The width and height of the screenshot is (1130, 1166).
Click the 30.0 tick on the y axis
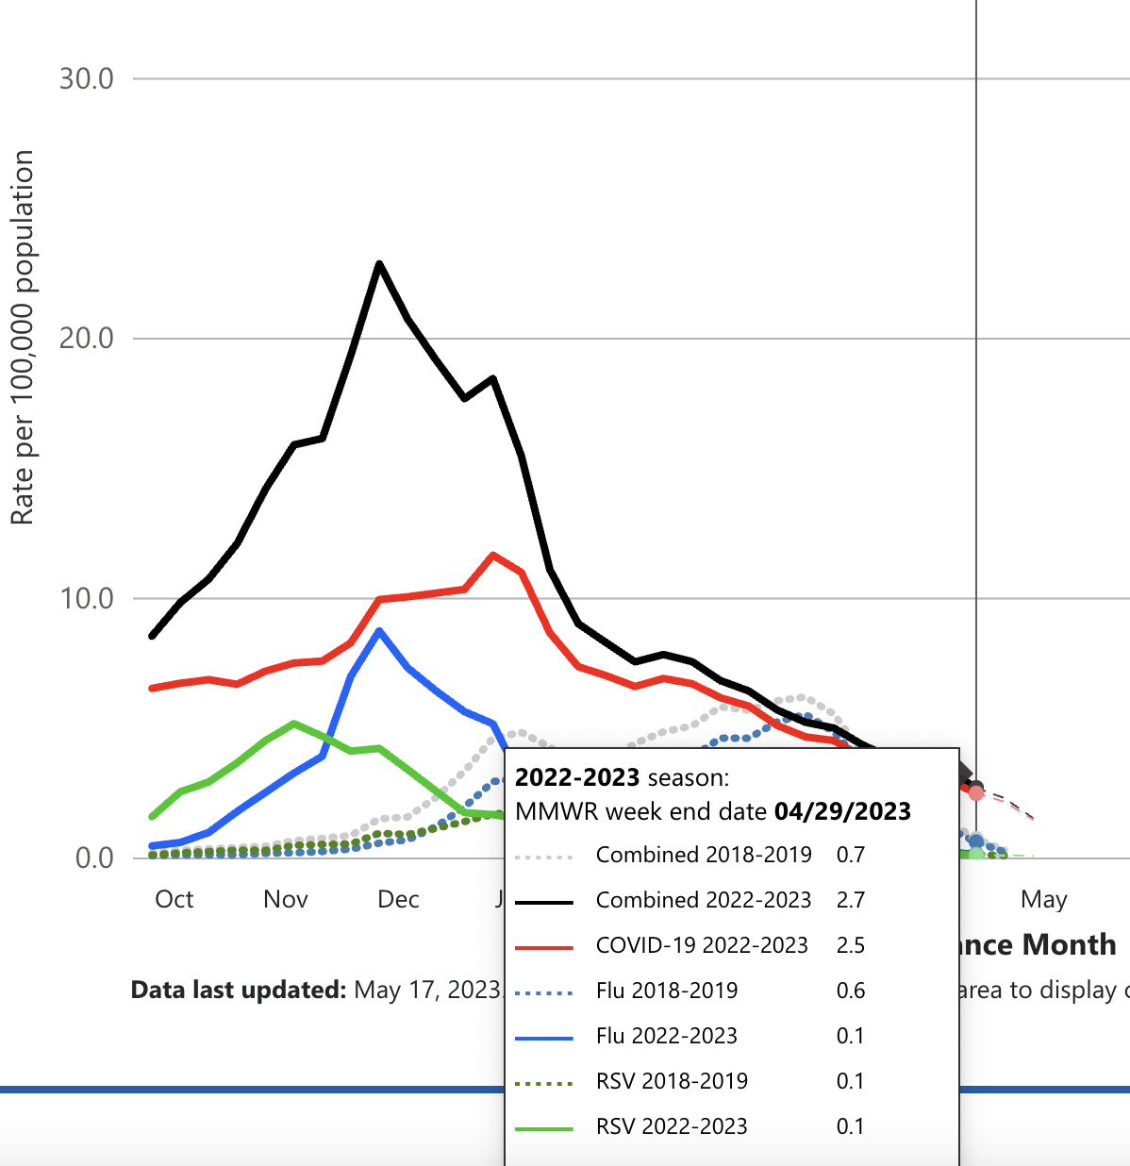[x=87, y=78]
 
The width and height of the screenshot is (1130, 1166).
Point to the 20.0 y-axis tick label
[x=87, y=338]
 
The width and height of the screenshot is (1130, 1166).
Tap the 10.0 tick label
[x=87, y=598]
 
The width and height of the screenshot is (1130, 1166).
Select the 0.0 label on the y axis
[x=94, y=858]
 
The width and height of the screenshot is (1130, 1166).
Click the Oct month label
[x=174, y=899]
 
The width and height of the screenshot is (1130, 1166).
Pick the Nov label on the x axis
[x=286, y=899]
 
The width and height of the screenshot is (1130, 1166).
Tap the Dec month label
[x=398, y=899]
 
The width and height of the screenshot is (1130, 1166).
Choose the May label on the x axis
[x=1043, y=899]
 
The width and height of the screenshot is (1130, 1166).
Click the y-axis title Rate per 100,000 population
[x=22, y=337]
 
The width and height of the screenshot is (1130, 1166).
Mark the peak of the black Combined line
[x=379, y=263]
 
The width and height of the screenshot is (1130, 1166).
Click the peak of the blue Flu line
[x=379, y=630]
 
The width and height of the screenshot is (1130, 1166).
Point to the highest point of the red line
[x=492, y=555]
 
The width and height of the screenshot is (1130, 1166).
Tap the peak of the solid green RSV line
[x=294, y=724]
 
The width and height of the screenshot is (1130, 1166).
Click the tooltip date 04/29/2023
[x=842, y=811]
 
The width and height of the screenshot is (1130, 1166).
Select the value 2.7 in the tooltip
[x=850, y=900]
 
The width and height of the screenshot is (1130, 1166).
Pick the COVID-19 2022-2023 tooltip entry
[x=702, y=945]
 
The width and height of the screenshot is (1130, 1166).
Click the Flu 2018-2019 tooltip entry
[x=667, y=991]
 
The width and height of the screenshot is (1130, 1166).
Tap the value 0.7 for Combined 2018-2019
[x=850, y=855]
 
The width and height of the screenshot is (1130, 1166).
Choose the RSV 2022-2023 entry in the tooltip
[x=672, y=1126]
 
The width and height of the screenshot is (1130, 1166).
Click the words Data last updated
[x=239, y=990]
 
